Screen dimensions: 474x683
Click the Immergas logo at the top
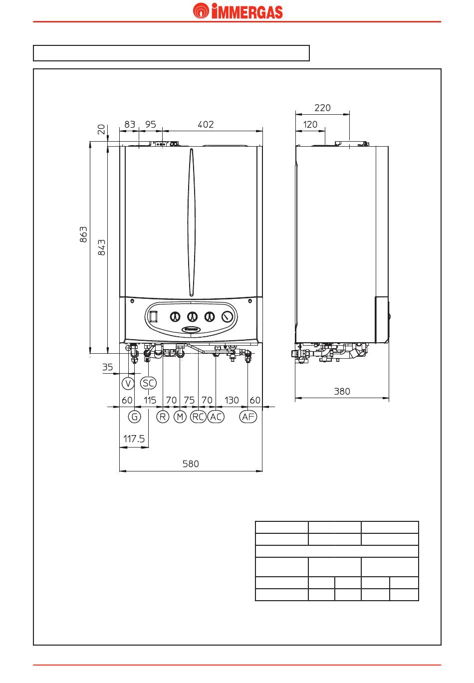coord(237,11)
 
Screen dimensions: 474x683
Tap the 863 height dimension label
coord(83,234)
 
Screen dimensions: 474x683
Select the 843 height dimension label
coord(101,247)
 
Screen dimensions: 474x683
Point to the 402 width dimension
coord(206,124)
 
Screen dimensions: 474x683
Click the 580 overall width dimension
coord(191,464)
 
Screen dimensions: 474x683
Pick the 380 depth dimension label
coord(342,391)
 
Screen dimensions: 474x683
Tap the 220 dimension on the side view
coord(322,108)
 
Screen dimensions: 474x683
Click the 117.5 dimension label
coord(134,439)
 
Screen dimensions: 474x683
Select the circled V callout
coord(128,383)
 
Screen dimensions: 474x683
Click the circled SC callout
coord(148,383)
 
